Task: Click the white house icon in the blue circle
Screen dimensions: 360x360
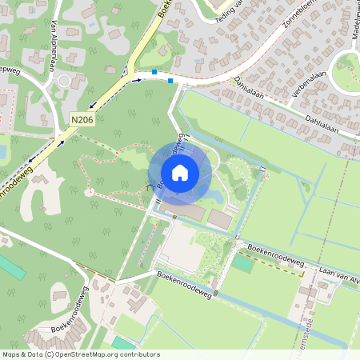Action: click(x=180, y=172)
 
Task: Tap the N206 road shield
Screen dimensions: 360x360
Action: click(x=81, y=120)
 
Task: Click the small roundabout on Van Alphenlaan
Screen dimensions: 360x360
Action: click(x=64, y=80)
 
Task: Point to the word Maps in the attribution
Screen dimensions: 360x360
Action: click(x=11, y=354)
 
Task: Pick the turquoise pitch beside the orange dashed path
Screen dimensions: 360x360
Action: click(x=243, y=263)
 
